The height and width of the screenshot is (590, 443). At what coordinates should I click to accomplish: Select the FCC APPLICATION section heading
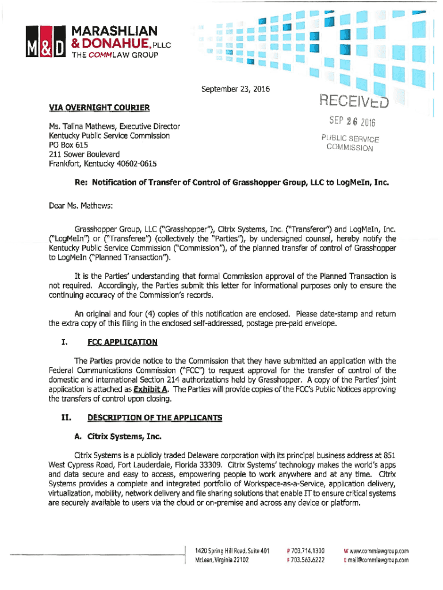122,342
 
